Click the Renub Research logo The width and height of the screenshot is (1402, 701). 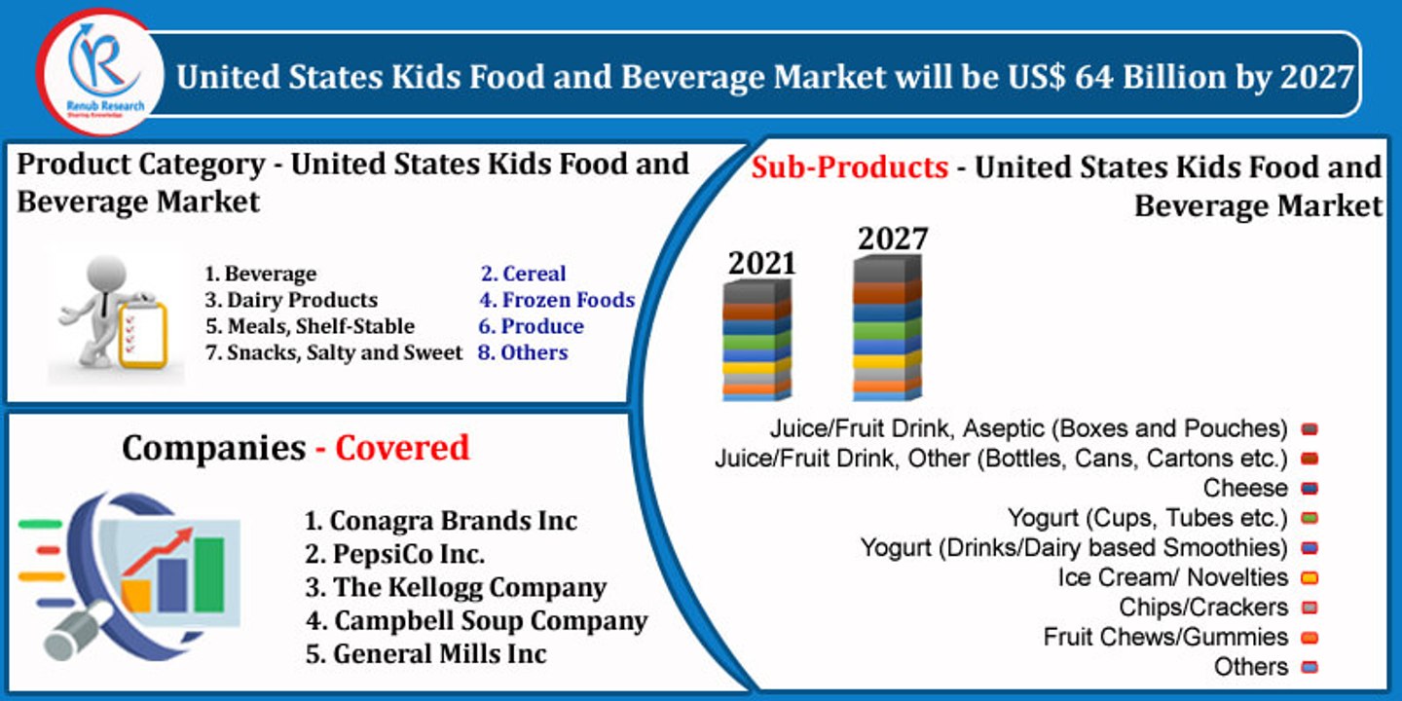click(101, 71)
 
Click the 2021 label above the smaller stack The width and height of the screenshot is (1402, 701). click(762, 263)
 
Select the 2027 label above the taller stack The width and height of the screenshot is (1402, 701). click(892, 239)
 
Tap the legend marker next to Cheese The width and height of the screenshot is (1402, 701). click(1310, 488)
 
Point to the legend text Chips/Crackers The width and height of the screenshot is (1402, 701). click(1203, 608)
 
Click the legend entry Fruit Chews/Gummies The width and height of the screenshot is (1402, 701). click(1165, 638)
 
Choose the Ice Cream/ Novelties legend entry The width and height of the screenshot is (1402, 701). click(1172, 577)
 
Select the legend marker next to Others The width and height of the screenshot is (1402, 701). click(1310, 668)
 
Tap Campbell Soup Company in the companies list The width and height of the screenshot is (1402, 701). click(476, 620)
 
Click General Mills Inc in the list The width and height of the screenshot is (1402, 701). click(425, 653)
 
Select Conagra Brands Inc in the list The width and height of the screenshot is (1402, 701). click(441, 521)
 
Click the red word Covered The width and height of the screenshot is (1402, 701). click(402, 448)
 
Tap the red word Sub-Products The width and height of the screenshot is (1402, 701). click(849, 167)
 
